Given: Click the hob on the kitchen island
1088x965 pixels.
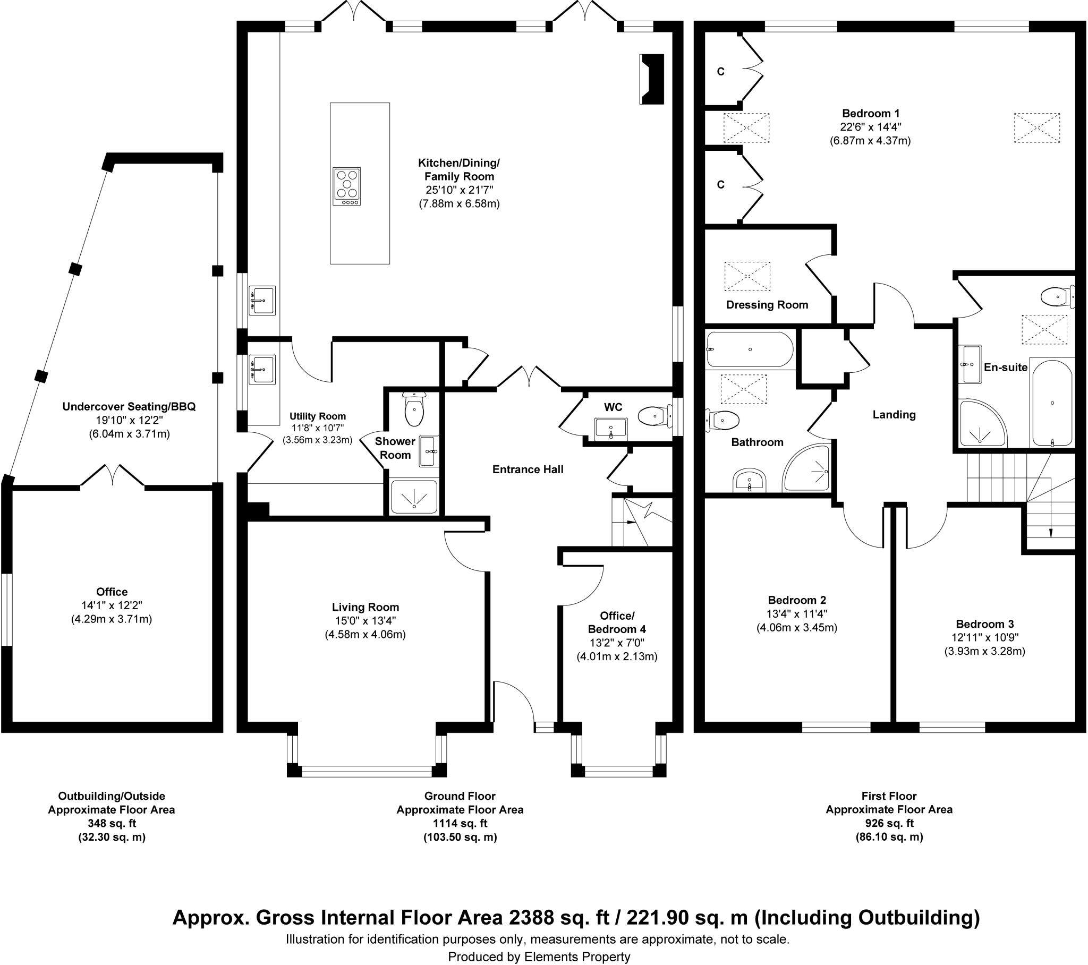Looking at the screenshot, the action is [x=346, y=186].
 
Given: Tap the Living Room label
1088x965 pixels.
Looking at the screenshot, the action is [x=365, y=608].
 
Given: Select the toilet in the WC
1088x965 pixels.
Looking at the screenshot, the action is [x=652, y=416].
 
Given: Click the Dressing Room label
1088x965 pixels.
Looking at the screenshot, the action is [x=767, y=305].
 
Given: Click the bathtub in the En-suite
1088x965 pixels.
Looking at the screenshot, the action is [x=1052, y=403].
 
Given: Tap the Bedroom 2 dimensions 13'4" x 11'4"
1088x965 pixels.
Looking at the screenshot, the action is [x=797, y=614].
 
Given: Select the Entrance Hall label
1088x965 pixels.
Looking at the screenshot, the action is [x=528, y=469].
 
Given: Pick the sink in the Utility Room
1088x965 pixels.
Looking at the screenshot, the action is [x=262, y=370].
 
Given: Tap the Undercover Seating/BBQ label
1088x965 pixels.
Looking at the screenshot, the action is [x=129, y=407].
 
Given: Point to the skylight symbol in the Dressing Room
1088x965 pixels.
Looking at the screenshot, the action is [x=747, y=276].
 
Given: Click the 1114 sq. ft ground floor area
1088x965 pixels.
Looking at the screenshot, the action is [x=460, y=823].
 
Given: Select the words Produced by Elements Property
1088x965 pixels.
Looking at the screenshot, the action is [x=539, y=957].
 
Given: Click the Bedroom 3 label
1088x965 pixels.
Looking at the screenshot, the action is [x=985, y=624].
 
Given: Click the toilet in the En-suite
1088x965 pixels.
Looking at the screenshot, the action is [x=1056, y=296].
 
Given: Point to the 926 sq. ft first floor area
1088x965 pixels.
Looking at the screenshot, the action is [x=889, y=823].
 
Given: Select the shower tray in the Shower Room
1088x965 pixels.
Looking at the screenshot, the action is [x=414, y=497].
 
